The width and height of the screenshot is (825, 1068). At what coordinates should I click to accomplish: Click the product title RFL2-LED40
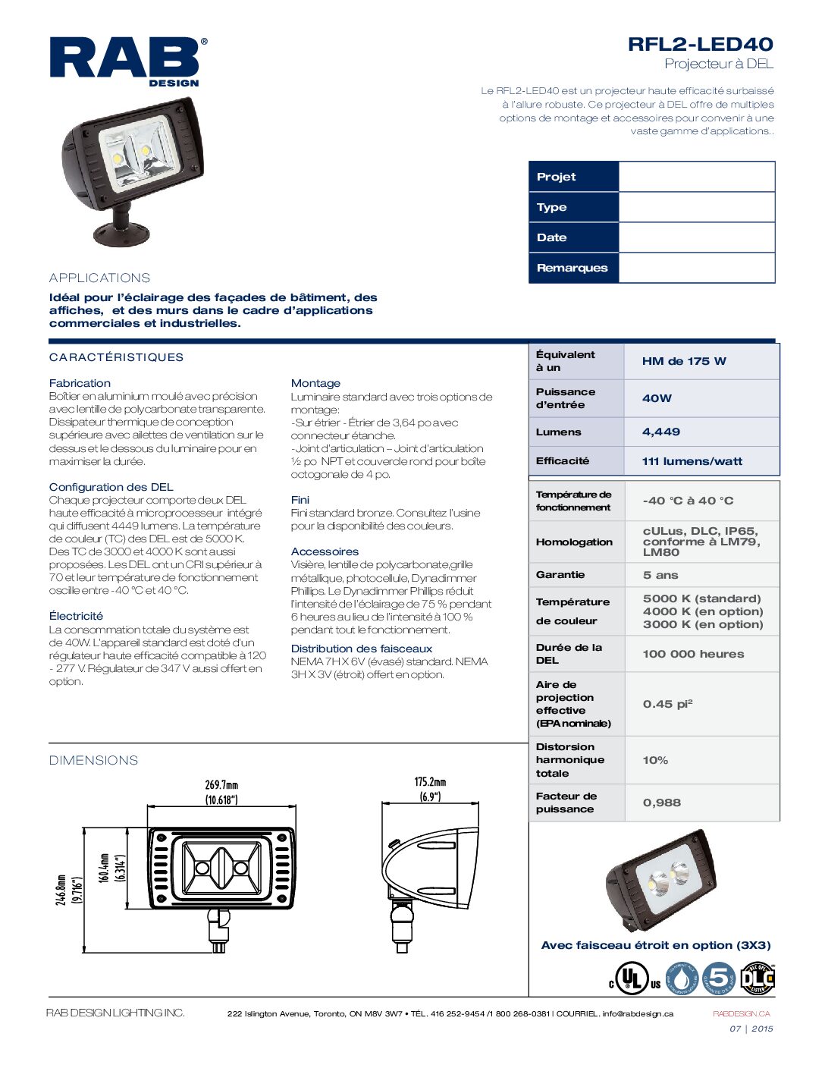[x=700, y=44]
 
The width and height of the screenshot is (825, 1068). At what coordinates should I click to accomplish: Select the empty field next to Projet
[x=696, y=177]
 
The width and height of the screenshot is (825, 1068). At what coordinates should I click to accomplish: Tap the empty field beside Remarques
[x=696, y=268]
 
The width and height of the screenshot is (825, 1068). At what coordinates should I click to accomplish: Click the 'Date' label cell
[x=573, y=237]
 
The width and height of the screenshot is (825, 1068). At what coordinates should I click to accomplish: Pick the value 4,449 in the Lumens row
[x=661, y=432]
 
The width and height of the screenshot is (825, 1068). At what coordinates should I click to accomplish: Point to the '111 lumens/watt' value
[x=692, y=461]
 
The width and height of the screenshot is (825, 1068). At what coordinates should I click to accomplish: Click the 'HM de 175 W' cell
[x=683, y=361]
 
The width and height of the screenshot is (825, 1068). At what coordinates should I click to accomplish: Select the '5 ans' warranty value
[x=660, y=575]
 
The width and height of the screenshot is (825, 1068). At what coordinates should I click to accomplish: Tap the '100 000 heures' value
[x=693, y=654]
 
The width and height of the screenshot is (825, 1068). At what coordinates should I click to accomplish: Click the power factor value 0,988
[x=661, y=803]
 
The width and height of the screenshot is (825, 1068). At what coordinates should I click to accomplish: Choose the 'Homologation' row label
[x=574, y=542]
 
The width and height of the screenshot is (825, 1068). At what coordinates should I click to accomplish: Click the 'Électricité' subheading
[x=76, y=616]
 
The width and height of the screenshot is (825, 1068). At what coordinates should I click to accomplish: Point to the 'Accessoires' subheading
[x=325, y=551]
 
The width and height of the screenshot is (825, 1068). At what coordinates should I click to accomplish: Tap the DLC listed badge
[x=757, y=978]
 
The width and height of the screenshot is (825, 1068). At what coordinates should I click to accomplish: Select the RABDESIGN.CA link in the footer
[x=741, y=1014]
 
